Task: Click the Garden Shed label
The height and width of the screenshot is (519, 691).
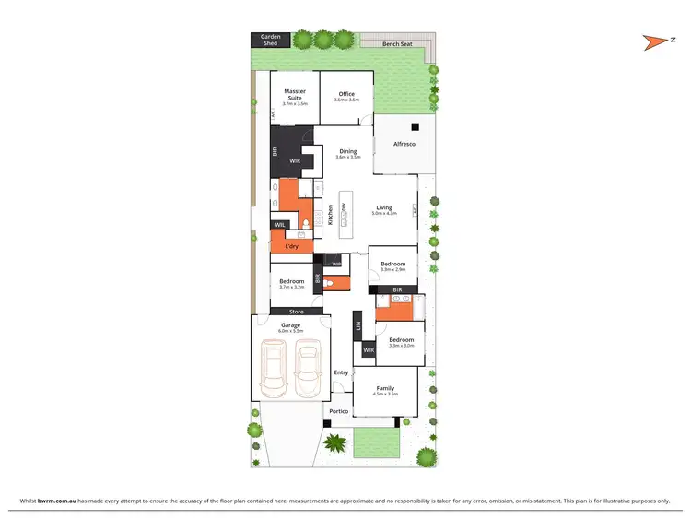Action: (x=271, y=40)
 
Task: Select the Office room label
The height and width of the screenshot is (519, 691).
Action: (x=346, y=94)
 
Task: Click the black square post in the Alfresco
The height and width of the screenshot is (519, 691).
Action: (x=416, y=126)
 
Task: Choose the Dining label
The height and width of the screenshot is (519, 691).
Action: (x=347, y=151)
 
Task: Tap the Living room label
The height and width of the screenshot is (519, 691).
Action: (x=383, y=207)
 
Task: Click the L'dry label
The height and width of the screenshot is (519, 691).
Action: (x=291, y=246)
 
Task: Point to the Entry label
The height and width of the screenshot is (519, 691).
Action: (x=341, y=372)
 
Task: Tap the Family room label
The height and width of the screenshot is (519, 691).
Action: (x=385, y=388)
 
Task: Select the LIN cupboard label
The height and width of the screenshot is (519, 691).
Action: (x=357, y=325)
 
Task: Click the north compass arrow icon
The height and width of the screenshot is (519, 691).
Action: (x=656, y=40)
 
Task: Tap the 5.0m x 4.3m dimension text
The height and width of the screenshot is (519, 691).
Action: (x=383, y=214)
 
